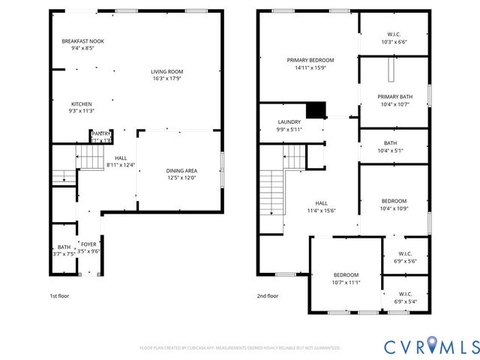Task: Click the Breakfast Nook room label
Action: (x=82, y=40)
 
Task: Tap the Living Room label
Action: (x=167, y=72)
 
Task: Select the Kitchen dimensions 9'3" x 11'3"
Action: (x=82, y=111)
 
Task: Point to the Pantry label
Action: (x=101, y=133)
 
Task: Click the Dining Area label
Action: (x=181, y=170)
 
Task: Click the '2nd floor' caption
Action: (x=268, y=296)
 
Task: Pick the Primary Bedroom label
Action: (x=310, y=60)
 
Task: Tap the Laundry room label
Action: (x=289, y=121)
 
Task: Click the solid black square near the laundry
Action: (x=318, y=110)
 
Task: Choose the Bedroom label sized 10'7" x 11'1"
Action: (x=346, y=274)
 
